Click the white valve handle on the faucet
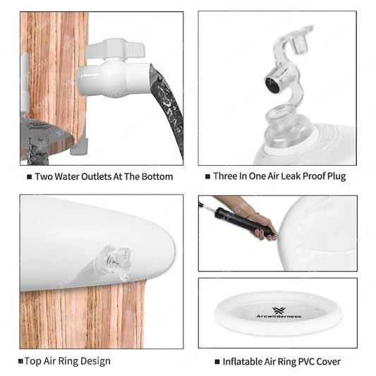click(115, 50)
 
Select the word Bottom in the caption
click(157, 177)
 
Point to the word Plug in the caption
click(336, 176)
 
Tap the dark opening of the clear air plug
click(272, 85)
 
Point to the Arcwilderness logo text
click(279, 317)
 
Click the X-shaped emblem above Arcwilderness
click(278, 310)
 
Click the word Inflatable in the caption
click(242, 362)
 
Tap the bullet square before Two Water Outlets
click(29, 177)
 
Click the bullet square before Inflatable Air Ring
click(217, 362)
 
